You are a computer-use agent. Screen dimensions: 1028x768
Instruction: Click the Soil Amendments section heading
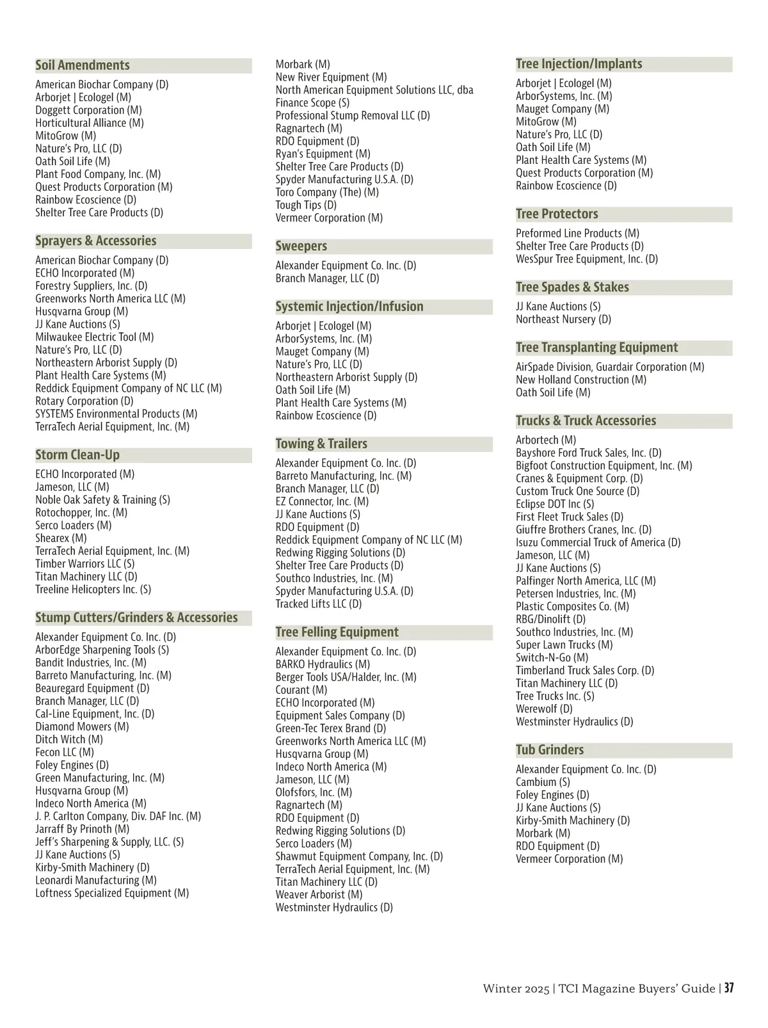[x=83, y=65]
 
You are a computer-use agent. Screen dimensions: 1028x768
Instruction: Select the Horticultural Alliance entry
[x=90, y=123]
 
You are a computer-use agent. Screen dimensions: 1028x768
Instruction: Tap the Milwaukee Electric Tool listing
[x=95, y=337]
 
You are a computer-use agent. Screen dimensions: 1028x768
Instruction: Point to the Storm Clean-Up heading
[x=77, y=455]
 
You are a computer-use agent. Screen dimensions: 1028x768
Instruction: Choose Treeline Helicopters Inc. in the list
[x=93, y=590]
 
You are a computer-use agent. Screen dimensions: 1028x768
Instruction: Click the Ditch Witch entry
[x=69, y=739]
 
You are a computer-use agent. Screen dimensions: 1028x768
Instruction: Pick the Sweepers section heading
[x=301, y=246]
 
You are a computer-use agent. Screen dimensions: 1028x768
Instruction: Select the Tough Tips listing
[x=306, y=205]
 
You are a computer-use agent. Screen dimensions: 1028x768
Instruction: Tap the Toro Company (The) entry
[x=327, y=192]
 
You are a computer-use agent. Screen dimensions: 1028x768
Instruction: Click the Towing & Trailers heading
[x=321, y=444]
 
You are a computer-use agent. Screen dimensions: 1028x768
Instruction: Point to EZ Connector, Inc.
[x=322, y=501]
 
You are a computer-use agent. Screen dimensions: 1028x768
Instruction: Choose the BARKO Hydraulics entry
[x=323, y=664]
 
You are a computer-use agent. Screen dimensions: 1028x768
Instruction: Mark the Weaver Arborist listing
[x=319, y=895]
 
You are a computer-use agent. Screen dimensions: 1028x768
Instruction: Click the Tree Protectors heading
[x=557, y=214]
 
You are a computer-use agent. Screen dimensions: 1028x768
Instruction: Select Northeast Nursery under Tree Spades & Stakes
[x=563, y=319]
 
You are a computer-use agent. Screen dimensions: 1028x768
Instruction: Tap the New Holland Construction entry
[x=581, y=380]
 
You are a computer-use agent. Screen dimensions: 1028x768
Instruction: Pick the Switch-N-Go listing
[x=552, y=657]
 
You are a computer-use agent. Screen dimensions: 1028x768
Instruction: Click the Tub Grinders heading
[x=550, y=750]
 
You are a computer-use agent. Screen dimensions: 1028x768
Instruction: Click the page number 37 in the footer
[x=729, y=988]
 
